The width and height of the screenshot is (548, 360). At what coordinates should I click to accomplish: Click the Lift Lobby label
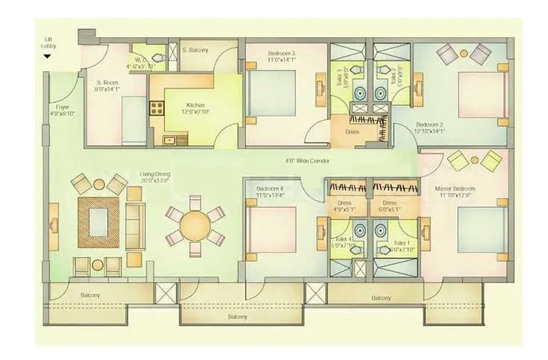(x=48, y=62)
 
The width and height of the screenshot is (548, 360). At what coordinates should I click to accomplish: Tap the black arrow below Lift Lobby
(x=48, y=75)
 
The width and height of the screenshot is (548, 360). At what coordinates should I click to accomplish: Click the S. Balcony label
(x=195, y=51)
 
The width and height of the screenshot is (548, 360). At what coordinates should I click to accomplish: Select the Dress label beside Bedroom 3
(x=352, y=132)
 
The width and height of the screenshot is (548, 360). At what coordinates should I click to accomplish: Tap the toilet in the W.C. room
(x=157, y=57)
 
